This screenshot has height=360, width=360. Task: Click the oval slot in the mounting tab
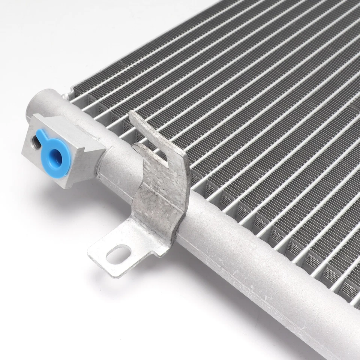point(118,254)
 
